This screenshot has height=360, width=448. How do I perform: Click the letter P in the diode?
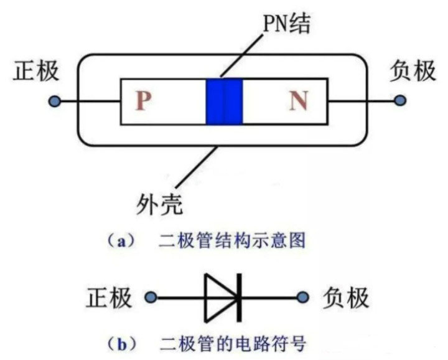click(x=144, y=101)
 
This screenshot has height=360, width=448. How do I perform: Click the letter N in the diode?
click(x=299, y=100)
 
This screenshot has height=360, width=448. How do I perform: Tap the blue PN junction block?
click(x=223, y=100)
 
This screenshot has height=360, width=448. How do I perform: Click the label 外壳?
click(x=159, y=202)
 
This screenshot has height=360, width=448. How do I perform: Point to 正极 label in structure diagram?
click(x=36, y=70)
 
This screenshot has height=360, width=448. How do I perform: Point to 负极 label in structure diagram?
click(x=413, y=70)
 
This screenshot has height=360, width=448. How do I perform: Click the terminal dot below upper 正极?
click(x=54, y=100)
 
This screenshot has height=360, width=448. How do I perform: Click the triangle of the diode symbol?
click(x=219, y=298)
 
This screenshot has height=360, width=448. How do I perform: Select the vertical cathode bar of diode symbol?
click(x=238, y=298)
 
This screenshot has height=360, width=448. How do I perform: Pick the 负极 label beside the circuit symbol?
click(x=346, y=298)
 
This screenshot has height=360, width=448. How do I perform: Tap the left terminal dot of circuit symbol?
click(x=149, y=298)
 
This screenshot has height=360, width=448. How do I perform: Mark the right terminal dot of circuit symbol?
click(x=303, y=298)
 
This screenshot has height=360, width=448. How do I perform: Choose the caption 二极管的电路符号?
click(x=233, y=341)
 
